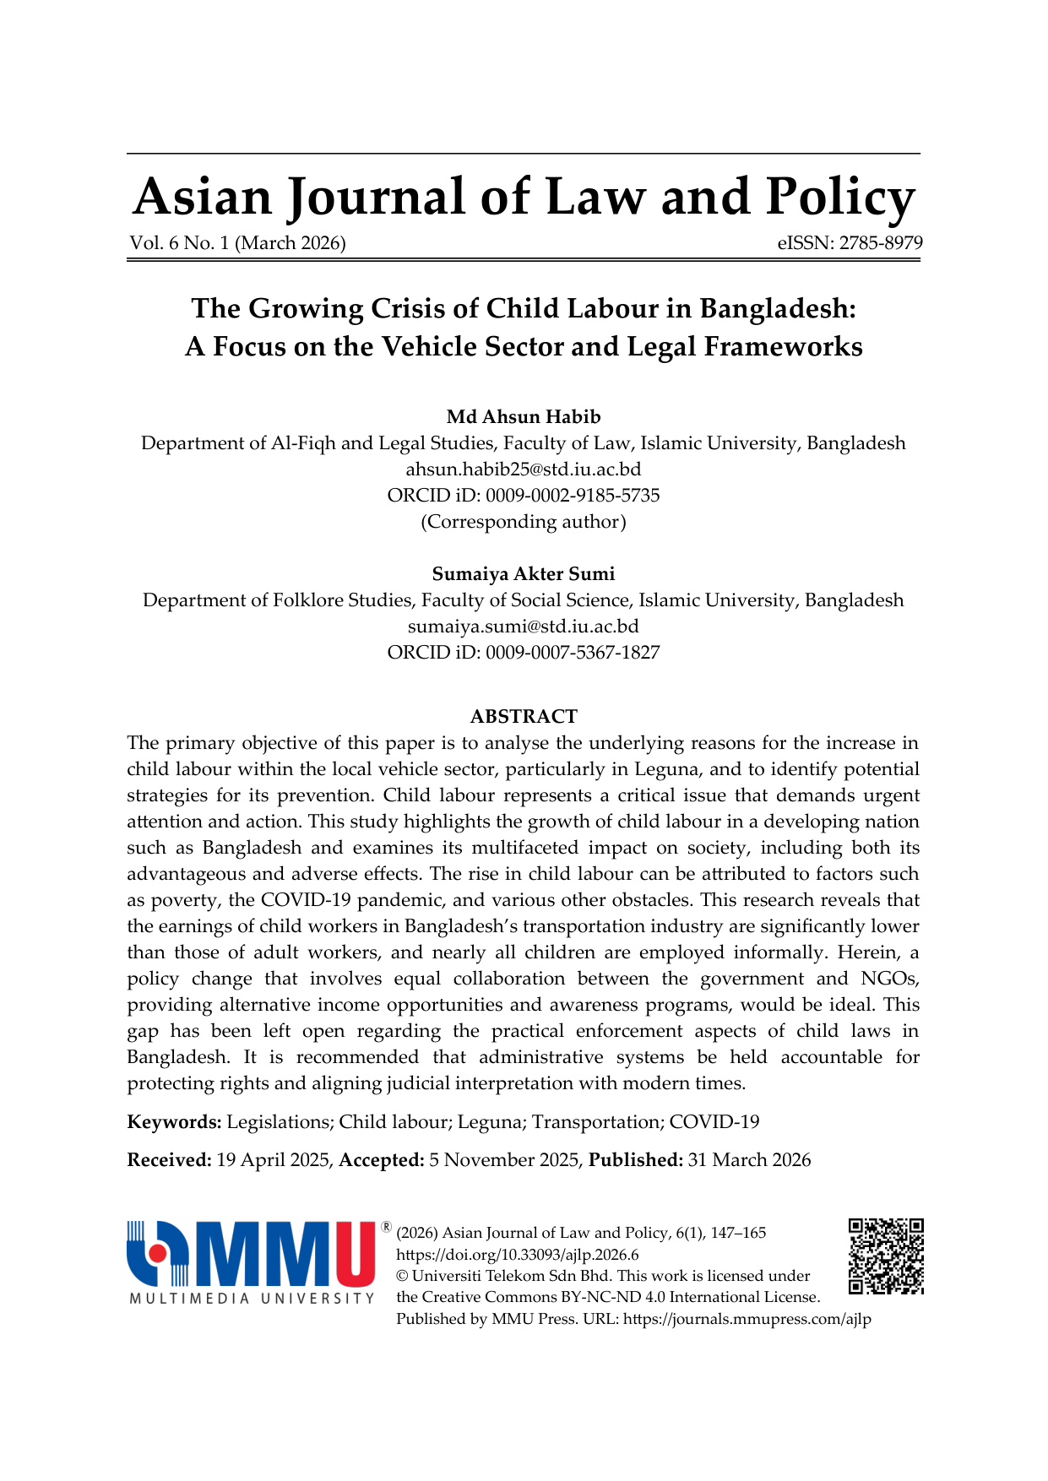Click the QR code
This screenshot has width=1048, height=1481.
pos(886,1256)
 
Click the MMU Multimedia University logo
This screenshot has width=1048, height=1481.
pos(252,1261)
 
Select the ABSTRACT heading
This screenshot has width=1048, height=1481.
pos(524,716)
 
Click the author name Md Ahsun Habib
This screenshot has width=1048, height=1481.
pos(524,416)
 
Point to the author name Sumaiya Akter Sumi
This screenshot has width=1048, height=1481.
pos(524,573)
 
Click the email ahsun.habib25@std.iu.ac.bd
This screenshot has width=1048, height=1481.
pos(524,469)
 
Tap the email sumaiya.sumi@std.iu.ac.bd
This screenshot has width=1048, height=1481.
pos(524,626)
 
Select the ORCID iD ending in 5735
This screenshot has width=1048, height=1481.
pos(524,495)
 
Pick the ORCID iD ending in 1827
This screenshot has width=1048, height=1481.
pos(524,652)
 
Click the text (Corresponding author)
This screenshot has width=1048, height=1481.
pos(524,521)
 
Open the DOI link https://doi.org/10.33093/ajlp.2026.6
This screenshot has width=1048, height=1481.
pos(517,1255)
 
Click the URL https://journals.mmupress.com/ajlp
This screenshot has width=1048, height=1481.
pos(747,1319)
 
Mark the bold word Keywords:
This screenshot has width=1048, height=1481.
pos(174,1121)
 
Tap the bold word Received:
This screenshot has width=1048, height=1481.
pos(169,1160)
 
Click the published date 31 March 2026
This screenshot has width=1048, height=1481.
pos(749,1160)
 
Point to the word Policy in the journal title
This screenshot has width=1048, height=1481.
pos(840,198)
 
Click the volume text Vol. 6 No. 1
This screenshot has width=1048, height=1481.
pos(179,243)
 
